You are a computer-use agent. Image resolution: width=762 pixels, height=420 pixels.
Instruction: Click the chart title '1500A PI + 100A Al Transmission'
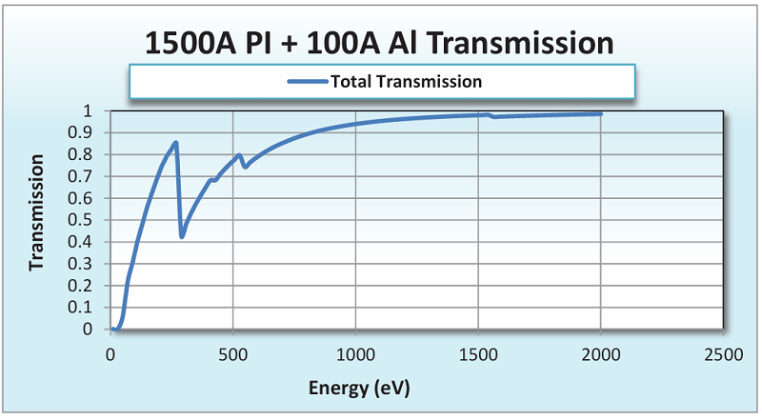click(x=378, y=43)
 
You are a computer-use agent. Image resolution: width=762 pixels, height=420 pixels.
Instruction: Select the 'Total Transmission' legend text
click(x=406, y=81)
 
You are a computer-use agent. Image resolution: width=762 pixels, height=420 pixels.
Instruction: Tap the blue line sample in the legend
click(x=307, y=81)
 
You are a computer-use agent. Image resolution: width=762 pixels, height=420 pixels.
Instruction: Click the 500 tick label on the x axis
click(x=232, y=355)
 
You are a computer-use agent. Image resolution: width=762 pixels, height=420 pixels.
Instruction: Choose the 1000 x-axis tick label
click(x=355, y=355)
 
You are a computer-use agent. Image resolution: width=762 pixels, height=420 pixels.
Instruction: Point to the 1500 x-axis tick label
click(x=477, y=355)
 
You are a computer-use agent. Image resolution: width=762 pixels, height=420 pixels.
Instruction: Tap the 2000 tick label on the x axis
click(x=600, y=355)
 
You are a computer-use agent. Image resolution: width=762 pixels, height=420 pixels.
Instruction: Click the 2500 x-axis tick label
click(x=722, y=355)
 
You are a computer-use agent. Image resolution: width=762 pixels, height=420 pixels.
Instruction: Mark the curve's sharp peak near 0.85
click(x=175, y=143)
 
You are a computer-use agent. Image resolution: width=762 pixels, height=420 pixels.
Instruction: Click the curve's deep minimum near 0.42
click(x=182, y=236)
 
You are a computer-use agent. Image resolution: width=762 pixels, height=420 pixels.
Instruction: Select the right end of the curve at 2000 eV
click(x=600, y=113)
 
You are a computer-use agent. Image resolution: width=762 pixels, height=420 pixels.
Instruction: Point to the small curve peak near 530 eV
click(x=240, y=154)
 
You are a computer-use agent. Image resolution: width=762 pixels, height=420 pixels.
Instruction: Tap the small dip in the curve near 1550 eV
click(x=492, y=116)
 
